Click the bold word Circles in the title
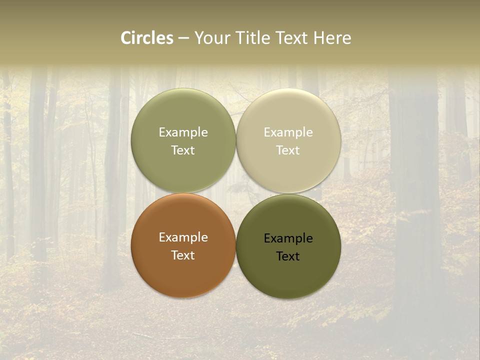[147, 38]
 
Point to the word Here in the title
[332, 38]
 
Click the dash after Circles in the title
[183, 38]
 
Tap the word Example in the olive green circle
[183, 132]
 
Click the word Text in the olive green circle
[183, 150]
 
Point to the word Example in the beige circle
[288, 132]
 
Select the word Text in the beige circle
[288, 150]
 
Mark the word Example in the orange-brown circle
[183, 237]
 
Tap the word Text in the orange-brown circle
[183, 255]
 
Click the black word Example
[288, 238]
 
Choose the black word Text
[288, 256]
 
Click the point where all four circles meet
[236, 193]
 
